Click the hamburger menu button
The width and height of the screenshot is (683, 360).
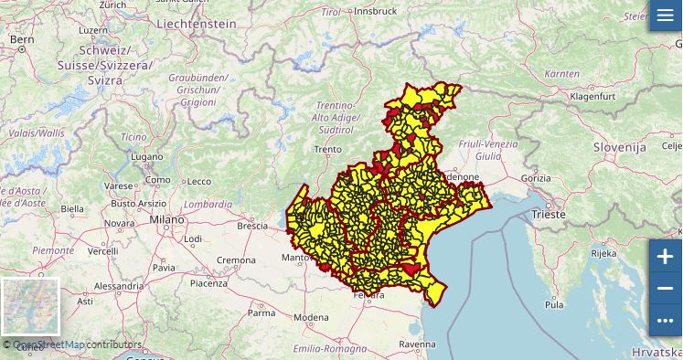[x=665, y=16]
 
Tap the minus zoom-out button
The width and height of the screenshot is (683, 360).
[x=665, y=289]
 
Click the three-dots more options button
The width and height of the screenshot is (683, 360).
[x=665, y=320]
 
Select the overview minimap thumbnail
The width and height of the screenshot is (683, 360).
[x=30, y=307]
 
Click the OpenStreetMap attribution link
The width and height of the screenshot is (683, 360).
[x=48, y=344]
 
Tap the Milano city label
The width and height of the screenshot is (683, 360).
[x=167, y=220]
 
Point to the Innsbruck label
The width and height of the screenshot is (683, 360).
[x=376, y=11]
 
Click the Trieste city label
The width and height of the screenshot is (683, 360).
[x=547, y=214]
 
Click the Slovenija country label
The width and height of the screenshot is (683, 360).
[x=620, y=146]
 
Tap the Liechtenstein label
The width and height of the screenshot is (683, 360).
[x=197, y=23]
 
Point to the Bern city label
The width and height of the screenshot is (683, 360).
[x=21, y=39]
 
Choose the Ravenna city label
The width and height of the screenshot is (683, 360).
[x=417, y=344]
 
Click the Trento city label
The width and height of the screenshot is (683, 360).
[x=327, y=149]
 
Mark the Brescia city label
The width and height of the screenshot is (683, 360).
[x=252, y=226]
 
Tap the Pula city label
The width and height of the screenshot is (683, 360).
[x=554, y=304]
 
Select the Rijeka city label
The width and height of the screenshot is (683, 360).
[x=603, y=253]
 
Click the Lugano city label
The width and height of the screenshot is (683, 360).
[x=146, y=157]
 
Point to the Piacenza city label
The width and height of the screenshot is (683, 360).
[x=208, y=283]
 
